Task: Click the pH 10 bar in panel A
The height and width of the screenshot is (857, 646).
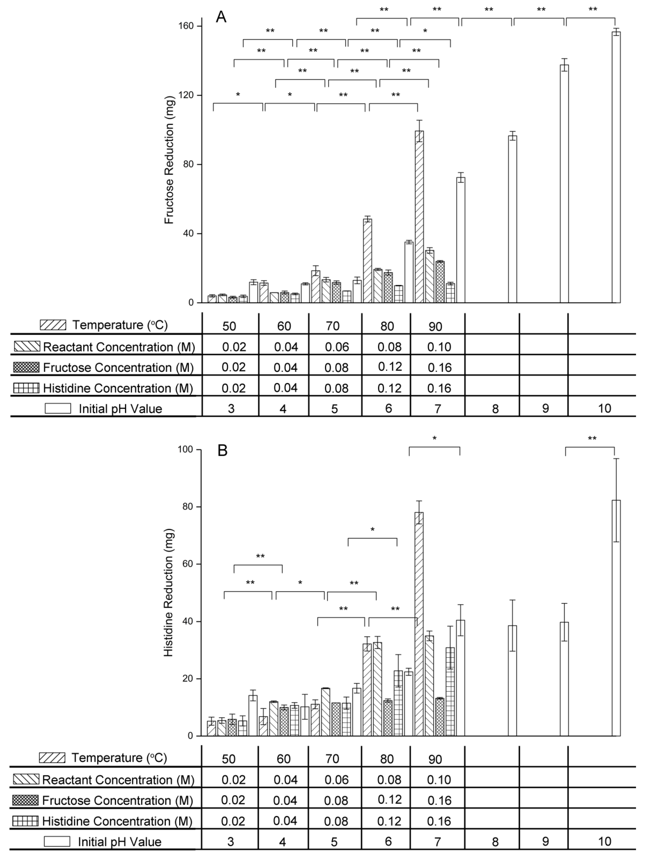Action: coord(616,167)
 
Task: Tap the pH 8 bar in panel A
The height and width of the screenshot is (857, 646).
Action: coord(512,219)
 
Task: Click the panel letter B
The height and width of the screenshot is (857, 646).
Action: coord(222,451)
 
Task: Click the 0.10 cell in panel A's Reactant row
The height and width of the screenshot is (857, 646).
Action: coord(439,347)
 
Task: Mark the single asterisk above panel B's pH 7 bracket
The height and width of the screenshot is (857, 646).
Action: coord(435,438)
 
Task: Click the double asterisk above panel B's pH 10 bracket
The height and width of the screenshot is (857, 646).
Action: coord(592,438)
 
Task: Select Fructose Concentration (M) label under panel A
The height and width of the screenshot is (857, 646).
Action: coord(118,367)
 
